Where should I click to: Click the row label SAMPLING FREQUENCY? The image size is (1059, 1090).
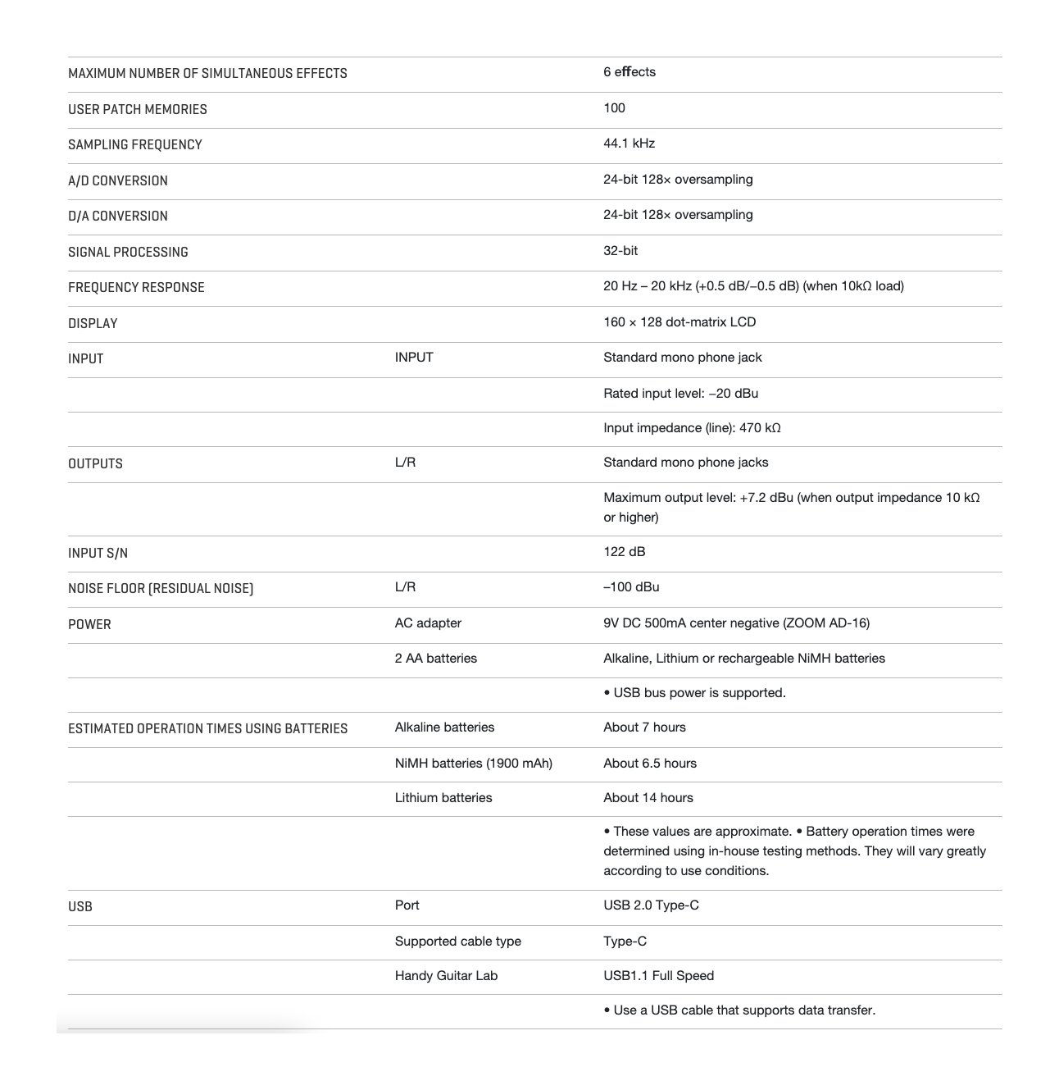pos(134,144)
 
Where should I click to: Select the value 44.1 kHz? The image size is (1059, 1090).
pos(629,144)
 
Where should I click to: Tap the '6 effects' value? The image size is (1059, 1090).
pos(629,72)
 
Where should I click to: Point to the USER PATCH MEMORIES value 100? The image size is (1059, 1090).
pos(614,108)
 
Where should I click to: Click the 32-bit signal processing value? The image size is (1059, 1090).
pos(620,251)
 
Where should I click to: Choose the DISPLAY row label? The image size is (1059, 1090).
pos(93,323)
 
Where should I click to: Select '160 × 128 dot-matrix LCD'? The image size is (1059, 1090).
pos(679,322)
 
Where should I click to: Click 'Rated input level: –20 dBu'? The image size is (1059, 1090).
pos(680,394)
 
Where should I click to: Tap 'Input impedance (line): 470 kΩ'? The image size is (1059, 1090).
pos(691,428)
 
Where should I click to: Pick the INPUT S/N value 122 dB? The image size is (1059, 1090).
pos(624,552)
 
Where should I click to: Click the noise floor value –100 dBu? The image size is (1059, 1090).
pos(630,587)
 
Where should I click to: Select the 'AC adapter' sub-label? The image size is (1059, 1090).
pos(427,623)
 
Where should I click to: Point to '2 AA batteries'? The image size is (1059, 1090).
pos(435,659)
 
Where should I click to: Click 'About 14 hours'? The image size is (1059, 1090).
pos(648,798)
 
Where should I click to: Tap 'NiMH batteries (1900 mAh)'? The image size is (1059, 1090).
pos(473,764)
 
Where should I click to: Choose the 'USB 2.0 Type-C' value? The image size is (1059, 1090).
pos(651,905)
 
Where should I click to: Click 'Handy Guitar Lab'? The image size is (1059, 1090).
pos(445,976)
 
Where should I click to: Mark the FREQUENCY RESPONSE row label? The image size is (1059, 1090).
pos(136,287)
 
